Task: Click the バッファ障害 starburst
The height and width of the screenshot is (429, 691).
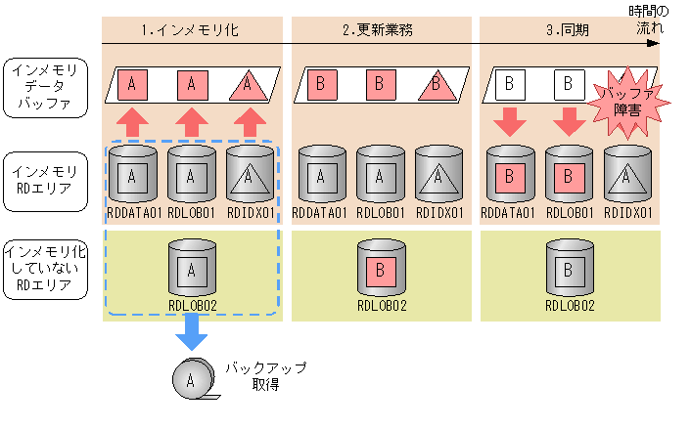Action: pyautogui.click(x=628, y=103)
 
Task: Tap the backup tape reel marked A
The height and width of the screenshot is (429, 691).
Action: pyautogui.click(x=194, y=379)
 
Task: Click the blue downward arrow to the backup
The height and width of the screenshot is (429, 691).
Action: pyautogui.click(x=192, y=332)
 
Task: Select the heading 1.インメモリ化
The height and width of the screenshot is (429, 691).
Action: pyautogui.click(x=190, y=30)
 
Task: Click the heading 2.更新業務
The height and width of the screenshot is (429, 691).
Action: pyautogui.click(x=378, y=30)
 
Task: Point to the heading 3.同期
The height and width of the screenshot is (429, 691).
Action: pyautogui.click(x=568, y=30)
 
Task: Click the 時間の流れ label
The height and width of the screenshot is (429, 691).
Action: pyautogui.click(x=649, y=20)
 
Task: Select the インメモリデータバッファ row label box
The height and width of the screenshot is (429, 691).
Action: pyautogui.click(x=45, y=88)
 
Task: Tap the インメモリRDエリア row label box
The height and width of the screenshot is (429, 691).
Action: pyautogui.click(x=45, y=182)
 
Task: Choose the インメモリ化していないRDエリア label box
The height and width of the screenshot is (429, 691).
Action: pyautogui.click(x=45, y=270)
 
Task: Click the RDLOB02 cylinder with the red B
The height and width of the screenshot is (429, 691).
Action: pyautogui.click(x=381, y=268)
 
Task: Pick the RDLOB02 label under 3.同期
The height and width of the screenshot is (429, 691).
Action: pyautogui.click(x=570, y=305)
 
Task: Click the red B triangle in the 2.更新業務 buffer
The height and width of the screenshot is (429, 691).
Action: pyautogui.click(x=437, y=84)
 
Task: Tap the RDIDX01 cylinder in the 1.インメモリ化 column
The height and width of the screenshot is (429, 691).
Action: pyautogui.click(x=250, y=174)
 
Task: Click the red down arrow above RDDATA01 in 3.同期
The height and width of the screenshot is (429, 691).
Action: pyautogui.click(x=510, y=121)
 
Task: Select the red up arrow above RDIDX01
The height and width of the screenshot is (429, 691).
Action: pyautogui.click(x=250, y=122)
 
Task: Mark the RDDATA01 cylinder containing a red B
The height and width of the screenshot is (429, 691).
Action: pyautogui.click(x=510, y=174)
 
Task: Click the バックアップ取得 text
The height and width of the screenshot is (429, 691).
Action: pyautogui.click(x=266, y=376)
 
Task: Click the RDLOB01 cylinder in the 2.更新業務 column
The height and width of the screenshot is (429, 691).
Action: pyautogui.click(x=381, y=174)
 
